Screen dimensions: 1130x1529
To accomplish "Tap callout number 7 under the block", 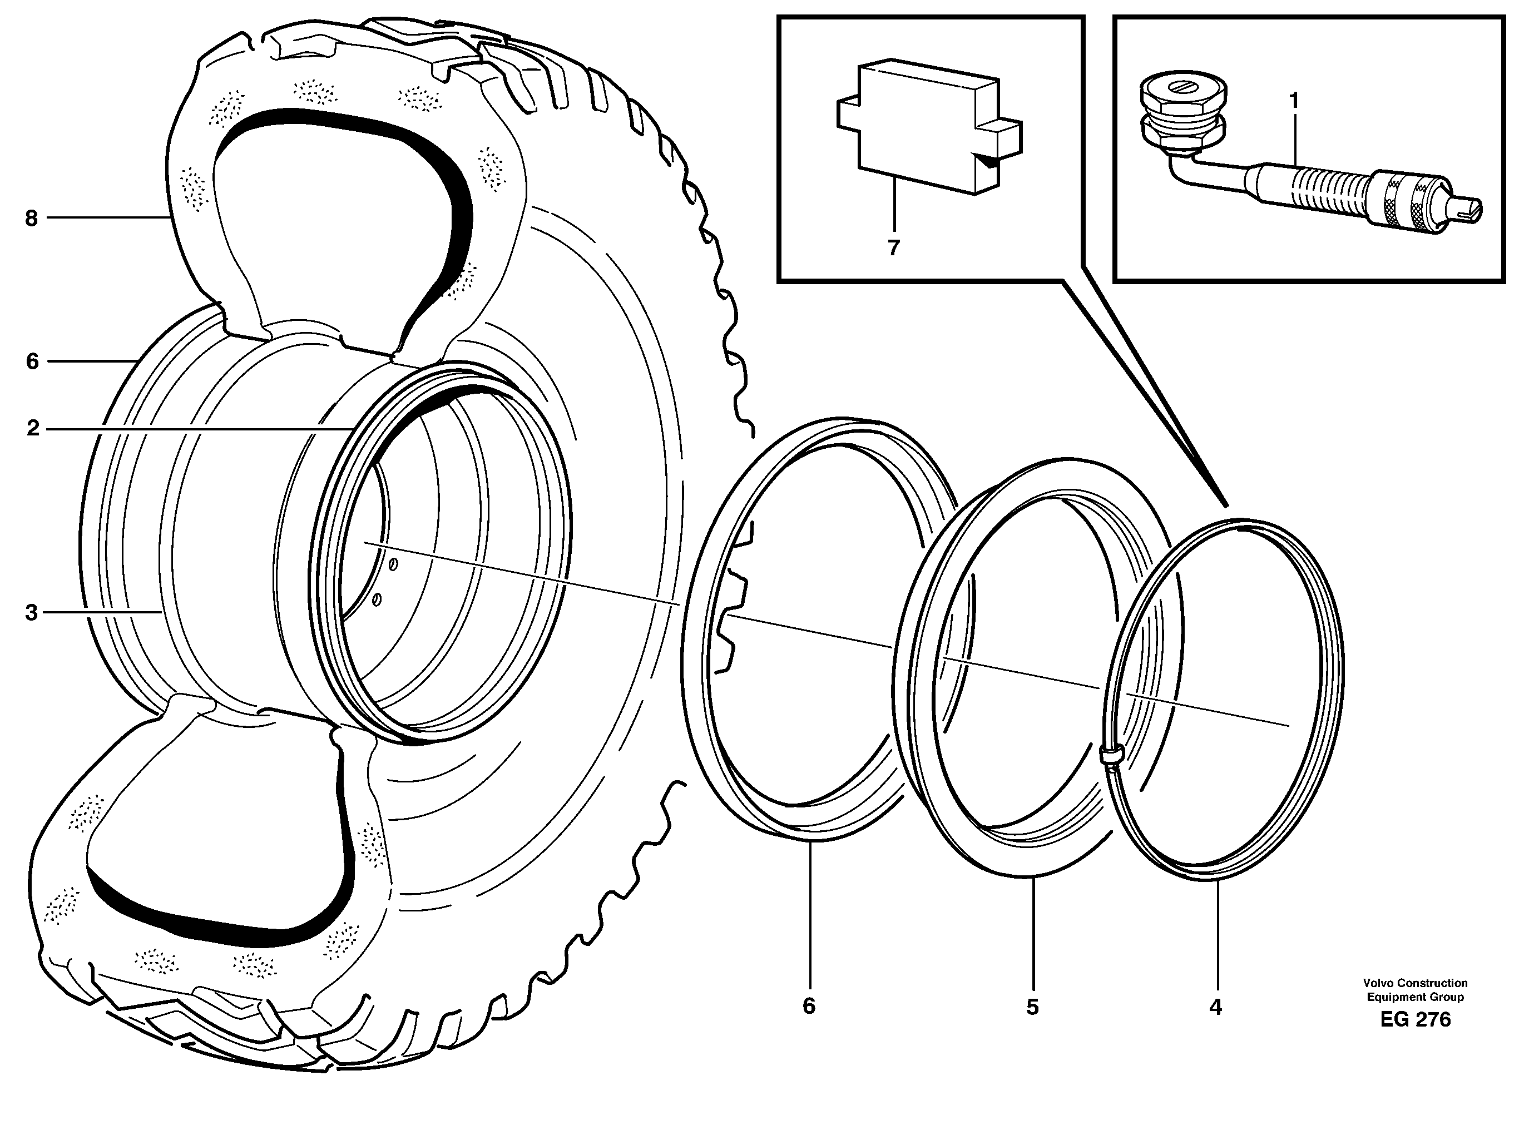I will coord(893,247).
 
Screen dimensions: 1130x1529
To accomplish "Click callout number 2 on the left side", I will coord(32,429).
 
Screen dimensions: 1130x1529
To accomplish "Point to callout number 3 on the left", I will coord(31,613).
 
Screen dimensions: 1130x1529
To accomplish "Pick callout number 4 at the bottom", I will coord(1215,1007).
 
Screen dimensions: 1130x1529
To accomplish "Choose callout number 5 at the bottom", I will coord(1032,1007).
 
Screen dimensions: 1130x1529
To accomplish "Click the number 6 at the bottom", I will coord(809,1005).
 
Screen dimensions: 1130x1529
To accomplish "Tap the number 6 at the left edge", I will coord(32,361).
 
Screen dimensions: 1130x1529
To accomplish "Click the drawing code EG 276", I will coord(1416,1038).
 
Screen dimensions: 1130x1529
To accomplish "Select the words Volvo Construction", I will coord(1416,983).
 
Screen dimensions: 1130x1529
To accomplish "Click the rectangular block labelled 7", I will coord(923,127).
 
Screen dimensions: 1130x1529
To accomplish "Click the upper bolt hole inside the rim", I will coord(393,564).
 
